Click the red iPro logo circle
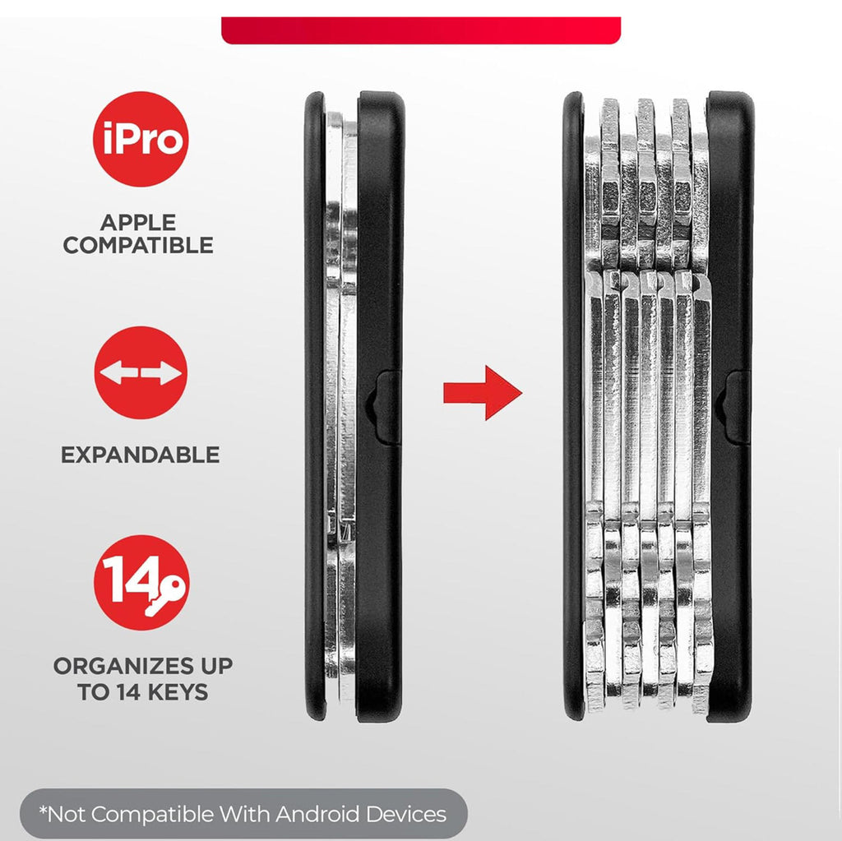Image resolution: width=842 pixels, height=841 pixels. [x=141, y=139]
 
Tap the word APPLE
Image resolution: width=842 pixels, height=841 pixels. [x=138, y=222]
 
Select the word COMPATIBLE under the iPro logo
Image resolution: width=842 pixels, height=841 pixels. [x=138, y=246]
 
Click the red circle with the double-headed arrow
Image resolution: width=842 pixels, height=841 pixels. [x=141, y=372]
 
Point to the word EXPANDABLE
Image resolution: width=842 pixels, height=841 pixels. [x=140, y=455]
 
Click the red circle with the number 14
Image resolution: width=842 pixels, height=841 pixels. [x=141, y=583]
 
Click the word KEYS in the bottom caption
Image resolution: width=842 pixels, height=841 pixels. [x=178, y=691]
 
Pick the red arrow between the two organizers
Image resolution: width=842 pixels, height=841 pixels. [x=482, y=393]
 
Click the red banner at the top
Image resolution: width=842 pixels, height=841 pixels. [x=421, y=30]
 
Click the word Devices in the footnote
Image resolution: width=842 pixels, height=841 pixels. [x=406, y=814]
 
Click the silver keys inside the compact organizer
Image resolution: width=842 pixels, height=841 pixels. [x=340, y=408]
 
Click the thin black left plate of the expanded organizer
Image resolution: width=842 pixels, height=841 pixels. [x=573, y=405]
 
